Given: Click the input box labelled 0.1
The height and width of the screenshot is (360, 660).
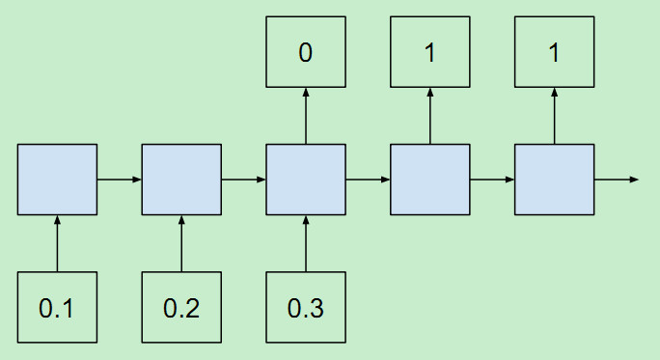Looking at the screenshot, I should click(x=57, y=307).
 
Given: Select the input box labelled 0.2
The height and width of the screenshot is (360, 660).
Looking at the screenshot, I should click(x=181, y=307).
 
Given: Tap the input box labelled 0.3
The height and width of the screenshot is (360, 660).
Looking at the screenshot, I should click(x=306, y=307).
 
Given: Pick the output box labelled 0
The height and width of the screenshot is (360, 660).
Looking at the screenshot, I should click(x=306, y=52).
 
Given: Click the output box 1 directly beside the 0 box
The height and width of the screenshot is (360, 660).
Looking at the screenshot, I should click(x=430, y=52).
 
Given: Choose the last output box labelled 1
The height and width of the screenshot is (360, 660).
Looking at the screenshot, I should click(x=554, y=52).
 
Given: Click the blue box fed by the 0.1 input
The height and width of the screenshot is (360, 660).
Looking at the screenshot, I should click(x=57, y=180).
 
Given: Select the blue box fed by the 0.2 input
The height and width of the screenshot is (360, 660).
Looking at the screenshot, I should click(x=181, y=180).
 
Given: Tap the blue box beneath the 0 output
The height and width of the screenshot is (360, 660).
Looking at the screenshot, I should click(x=306, y=180).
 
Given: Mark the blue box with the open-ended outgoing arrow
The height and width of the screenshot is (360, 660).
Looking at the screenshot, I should click(x=554, y=180).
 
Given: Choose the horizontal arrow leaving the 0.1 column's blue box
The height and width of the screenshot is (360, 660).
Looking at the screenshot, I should click(x=120, y=180).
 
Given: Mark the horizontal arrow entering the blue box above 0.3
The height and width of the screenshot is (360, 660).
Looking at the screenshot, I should click(x=244, y=180).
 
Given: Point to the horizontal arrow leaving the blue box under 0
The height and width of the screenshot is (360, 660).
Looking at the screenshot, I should click(x=368, y=180).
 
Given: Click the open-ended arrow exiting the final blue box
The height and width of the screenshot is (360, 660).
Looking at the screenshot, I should click(x=616, y=180).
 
